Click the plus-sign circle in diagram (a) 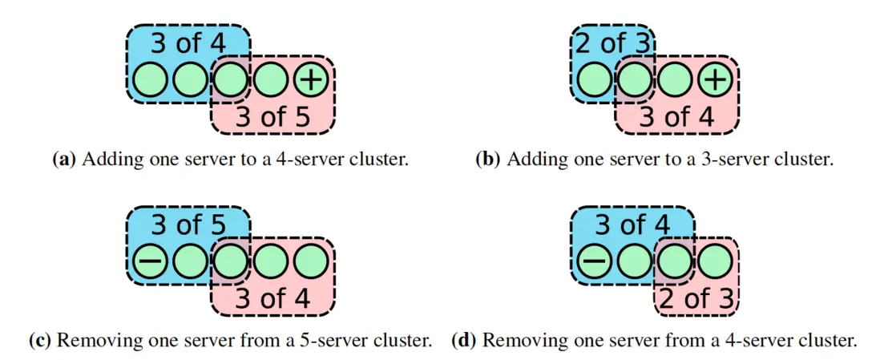312,80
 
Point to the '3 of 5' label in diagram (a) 272,117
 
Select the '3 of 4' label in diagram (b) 676,117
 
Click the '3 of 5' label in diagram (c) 188,225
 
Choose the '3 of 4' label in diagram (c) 272,299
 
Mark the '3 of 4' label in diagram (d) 632,225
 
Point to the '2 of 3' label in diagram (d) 696,299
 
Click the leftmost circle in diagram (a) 148,80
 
